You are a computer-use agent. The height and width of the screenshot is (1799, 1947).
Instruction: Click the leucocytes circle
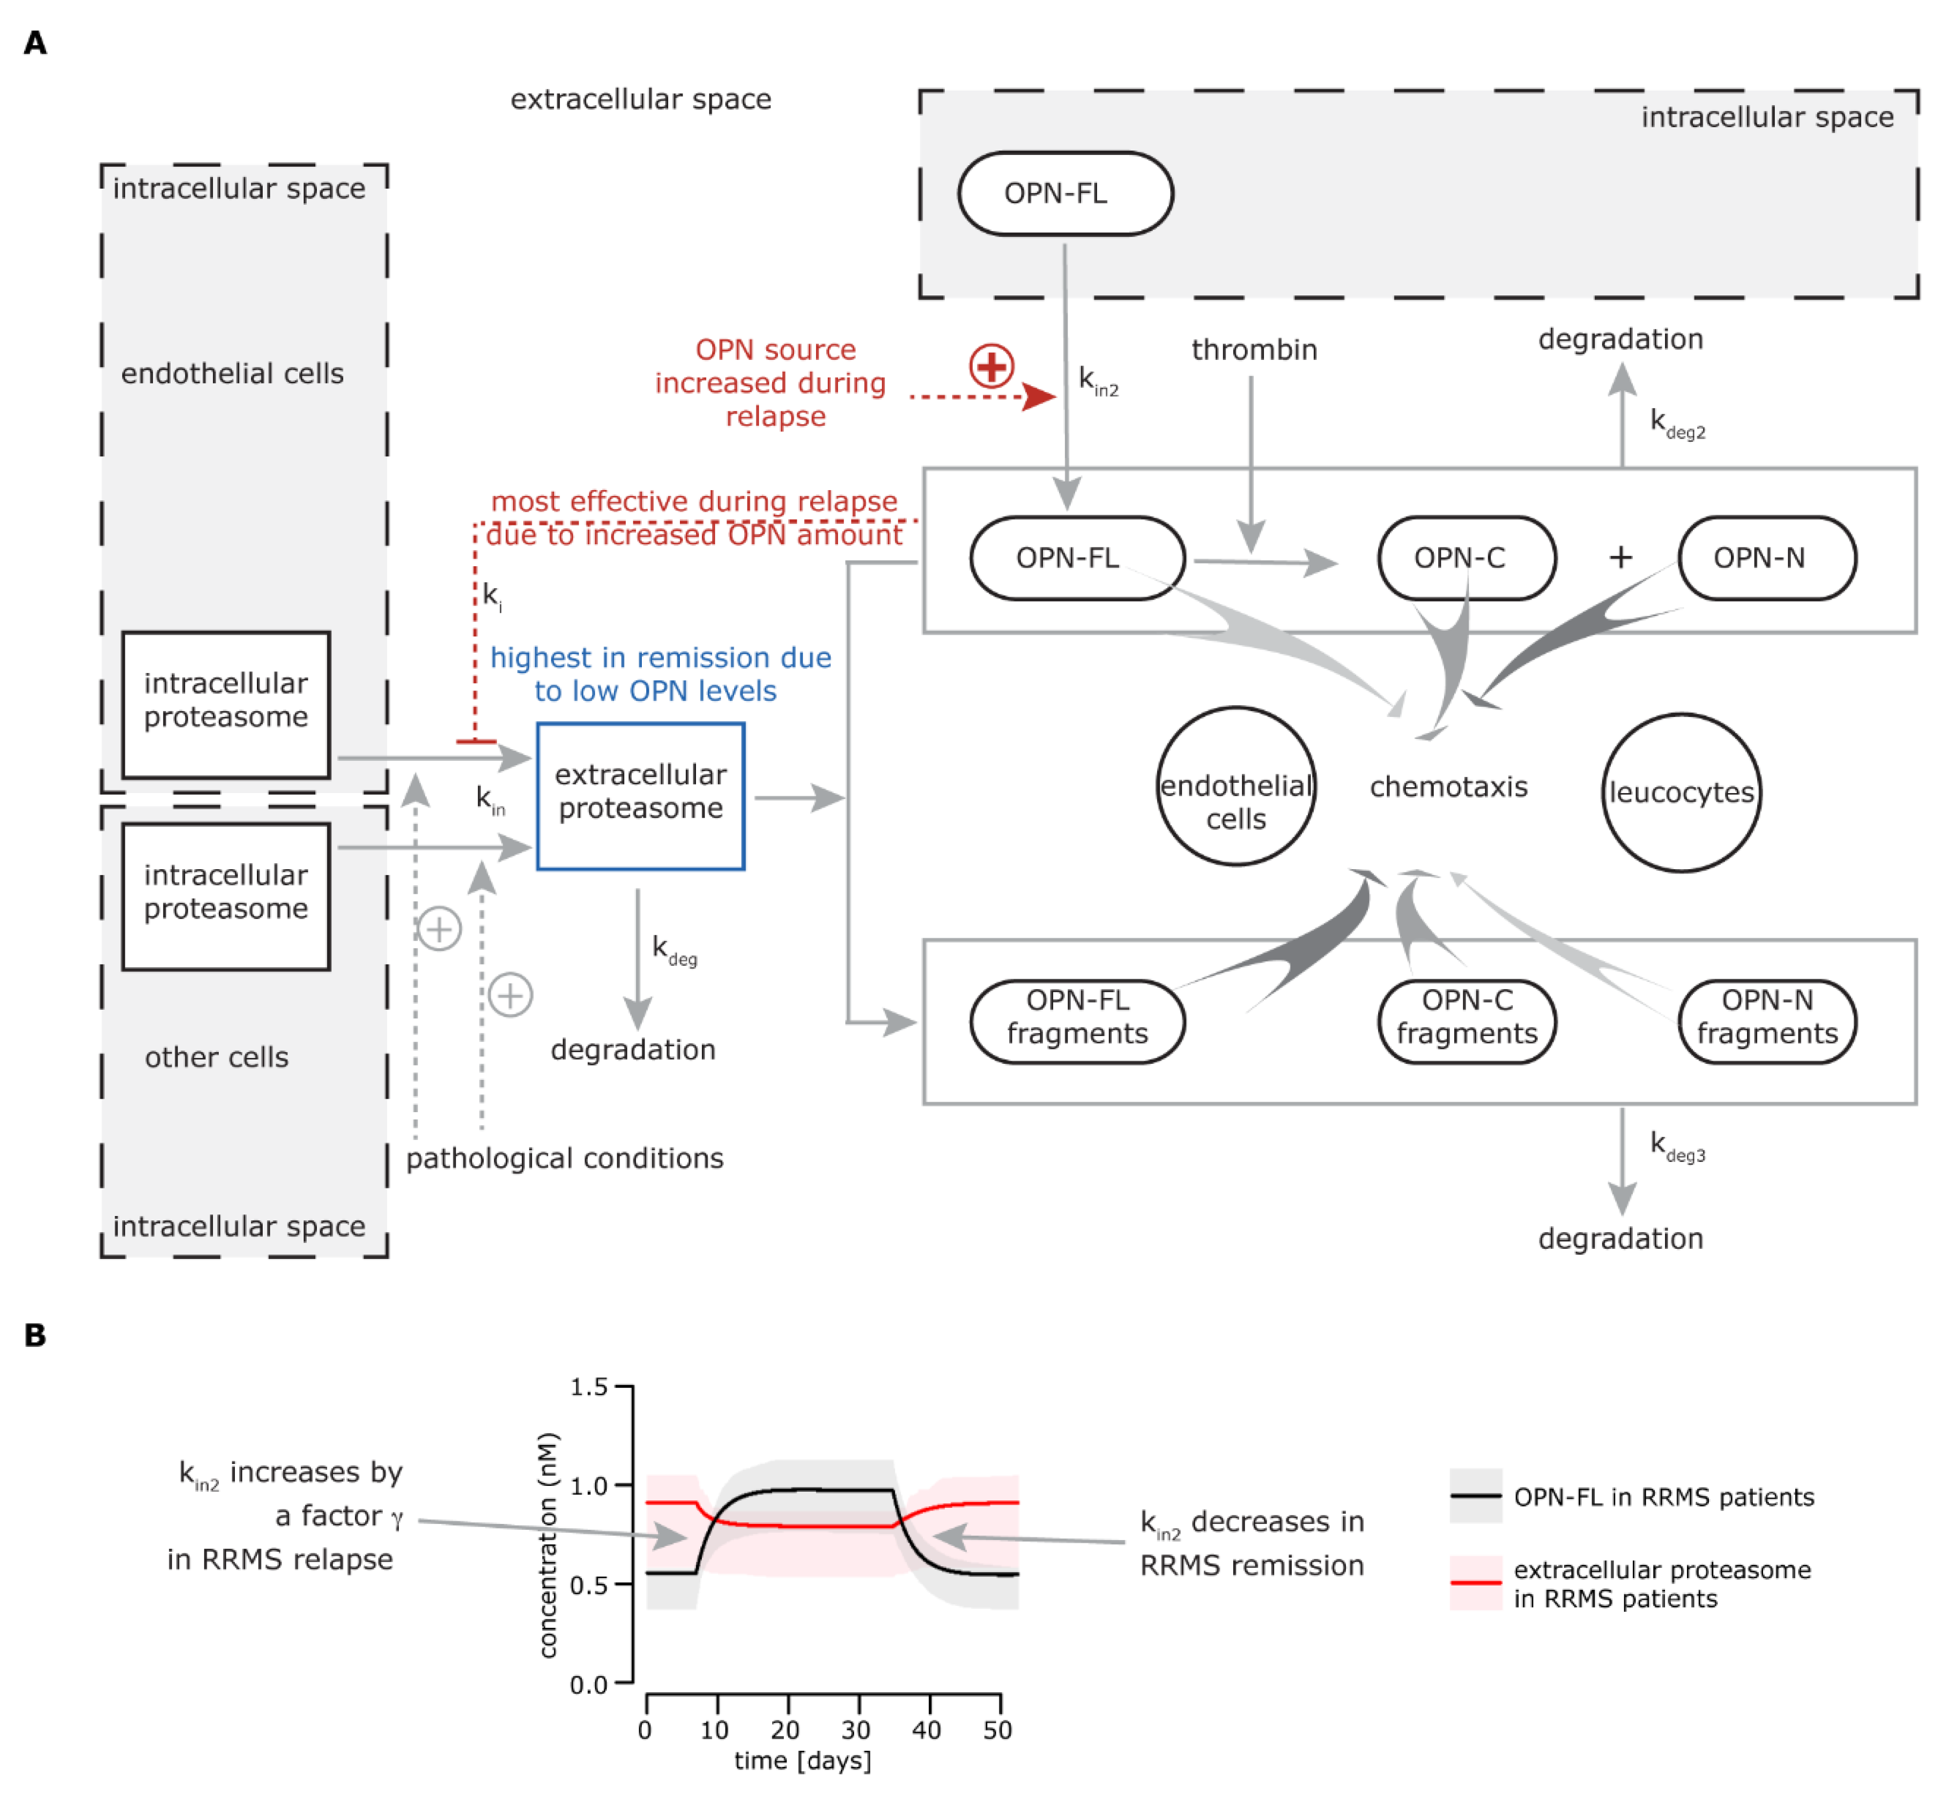click(1681, 793)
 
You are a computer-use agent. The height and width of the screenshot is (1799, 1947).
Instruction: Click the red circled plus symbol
click(991, 366)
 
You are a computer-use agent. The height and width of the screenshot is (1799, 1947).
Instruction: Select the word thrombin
click(1254, 350)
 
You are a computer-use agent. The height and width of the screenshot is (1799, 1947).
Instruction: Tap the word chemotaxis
click(1448, 787)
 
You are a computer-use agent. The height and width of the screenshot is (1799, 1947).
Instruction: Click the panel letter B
click(35, 1336)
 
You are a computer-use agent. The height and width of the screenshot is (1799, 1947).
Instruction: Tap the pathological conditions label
click(565, 1158)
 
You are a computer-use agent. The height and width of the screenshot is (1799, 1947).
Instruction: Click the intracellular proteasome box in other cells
click(226, 895)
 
